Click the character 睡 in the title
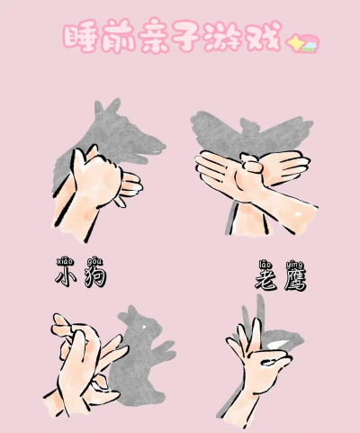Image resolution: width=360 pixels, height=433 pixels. click(x=80, y=37)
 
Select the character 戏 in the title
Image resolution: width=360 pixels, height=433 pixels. click(x=264, y=36)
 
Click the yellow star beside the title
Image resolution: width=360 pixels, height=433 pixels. click(x=294, y=42)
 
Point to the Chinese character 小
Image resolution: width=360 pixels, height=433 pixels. click(x=65, y=276)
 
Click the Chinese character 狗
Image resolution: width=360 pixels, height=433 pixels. click(x=95, y=277)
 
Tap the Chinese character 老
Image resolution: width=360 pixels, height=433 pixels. click(x=265, y=280)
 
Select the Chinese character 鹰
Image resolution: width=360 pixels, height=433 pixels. click(x=295, y=280)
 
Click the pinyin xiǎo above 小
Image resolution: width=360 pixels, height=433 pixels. click(x=65, y=261)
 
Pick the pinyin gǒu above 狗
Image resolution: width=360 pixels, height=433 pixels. click(x=94, y=262)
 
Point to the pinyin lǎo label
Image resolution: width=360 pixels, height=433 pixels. click(x=265, y=265)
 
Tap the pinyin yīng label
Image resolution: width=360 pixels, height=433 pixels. click(x=294, y=266)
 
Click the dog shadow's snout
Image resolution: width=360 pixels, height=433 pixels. click(x=155, y=148)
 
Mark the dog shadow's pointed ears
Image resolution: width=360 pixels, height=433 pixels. click(x=106, y=108)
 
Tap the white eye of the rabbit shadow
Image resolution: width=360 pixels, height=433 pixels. click(x=145, y=326)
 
